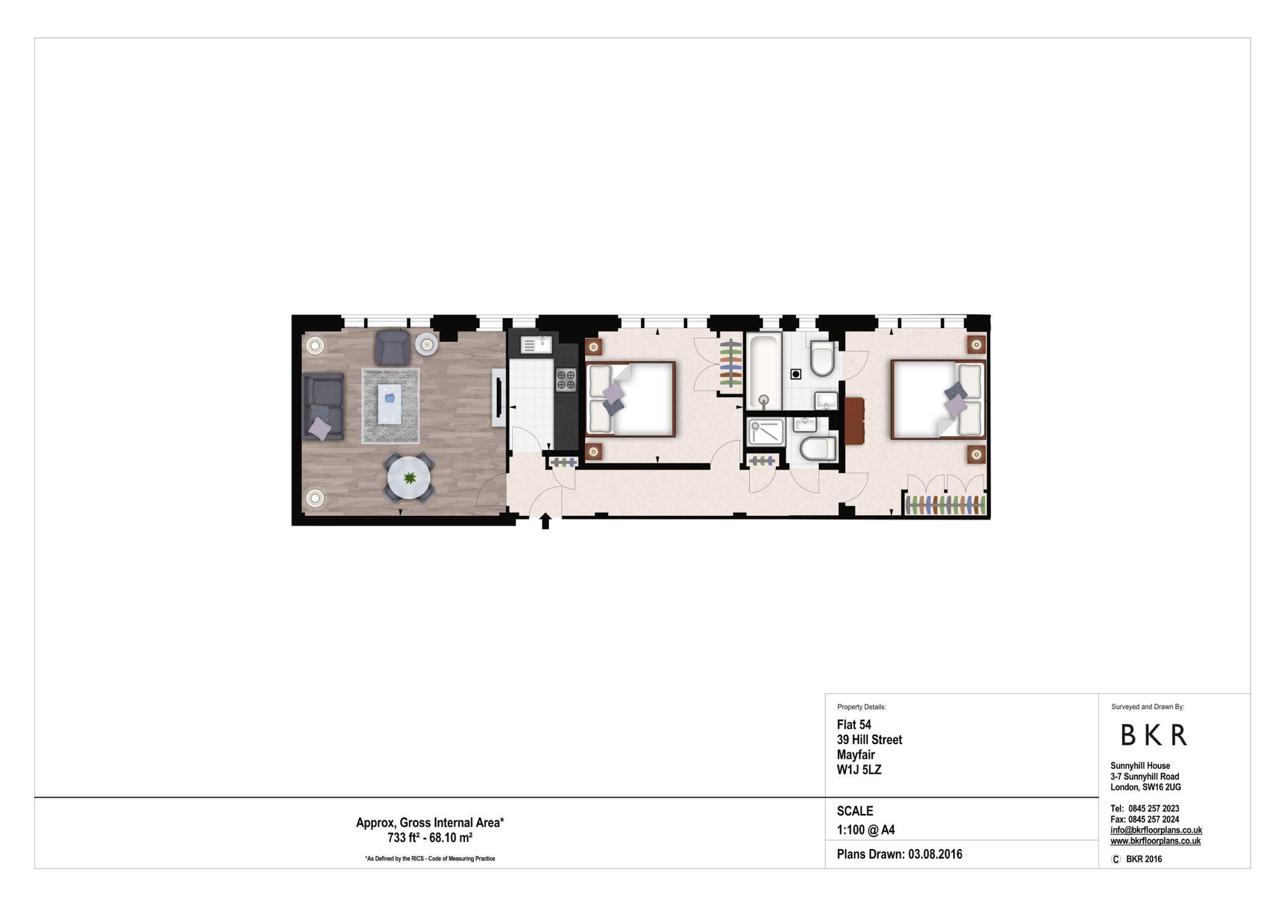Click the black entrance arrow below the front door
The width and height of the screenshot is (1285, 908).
tap(545, 521)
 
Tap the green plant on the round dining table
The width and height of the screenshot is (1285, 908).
tap(410, 478)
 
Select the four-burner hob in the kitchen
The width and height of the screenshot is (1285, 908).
tap(565, 380)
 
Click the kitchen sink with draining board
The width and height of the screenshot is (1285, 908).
tap(535, 344)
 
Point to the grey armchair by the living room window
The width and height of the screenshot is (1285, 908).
tap(392, 347)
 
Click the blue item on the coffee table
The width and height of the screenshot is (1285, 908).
tap(390, 398)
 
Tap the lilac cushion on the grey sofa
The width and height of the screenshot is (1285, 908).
tap(320, 429)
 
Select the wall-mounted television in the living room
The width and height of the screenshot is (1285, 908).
tap(499, 397)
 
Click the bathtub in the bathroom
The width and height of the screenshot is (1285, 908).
tap(764, 371)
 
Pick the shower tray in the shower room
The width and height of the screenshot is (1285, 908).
tap(766, 432)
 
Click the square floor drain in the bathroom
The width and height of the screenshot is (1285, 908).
tap(796, 374)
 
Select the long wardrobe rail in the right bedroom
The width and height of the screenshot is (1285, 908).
tap(945, 505)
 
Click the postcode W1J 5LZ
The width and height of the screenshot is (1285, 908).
tap(859, 770)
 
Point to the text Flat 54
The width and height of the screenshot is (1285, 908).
tap(854, 725)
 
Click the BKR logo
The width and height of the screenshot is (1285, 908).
tap(1154, 735)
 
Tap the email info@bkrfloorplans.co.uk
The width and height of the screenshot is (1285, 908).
tap(1156, 830)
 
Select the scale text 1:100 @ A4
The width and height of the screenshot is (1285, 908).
tap(866, 830)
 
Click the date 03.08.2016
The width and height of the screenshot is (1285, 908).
tap(935, 854)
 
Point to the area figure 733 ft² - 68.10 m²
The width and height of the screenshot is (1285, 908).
tap(430, 837)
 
